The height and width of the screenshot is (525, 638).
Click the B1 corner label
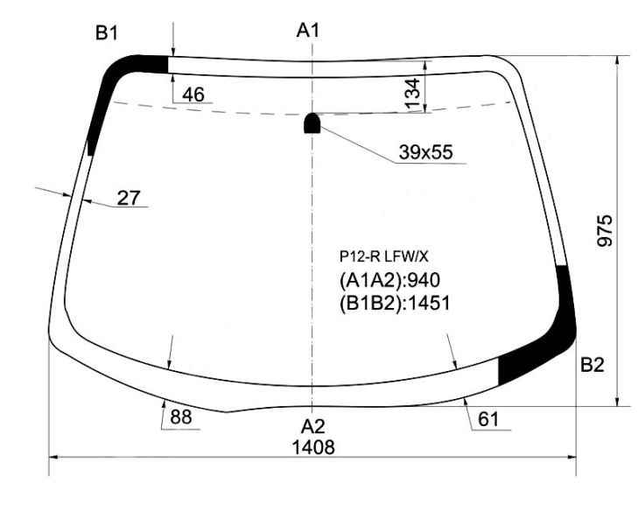click(107, 33)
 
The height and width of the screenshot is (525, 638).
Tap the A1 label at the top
click(308, 30)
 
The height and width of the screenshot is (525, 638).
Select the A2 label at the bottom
click(313, 427)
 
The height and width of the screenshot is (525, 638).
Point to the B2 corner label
click(592, 365)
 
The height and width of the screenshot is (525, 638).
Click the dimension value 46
click(193, 94)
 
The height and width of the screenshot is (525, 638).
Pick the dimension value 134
click(412, 94)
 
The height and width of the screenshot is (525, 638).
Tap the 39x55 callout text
click(425, 152)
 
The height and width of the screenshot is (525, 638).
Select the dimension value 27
click(129, 198)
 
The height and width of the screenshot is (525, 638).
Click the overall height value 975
click(604, 231)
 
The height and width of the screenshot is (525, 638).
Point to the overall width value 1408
click(313, 447)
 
